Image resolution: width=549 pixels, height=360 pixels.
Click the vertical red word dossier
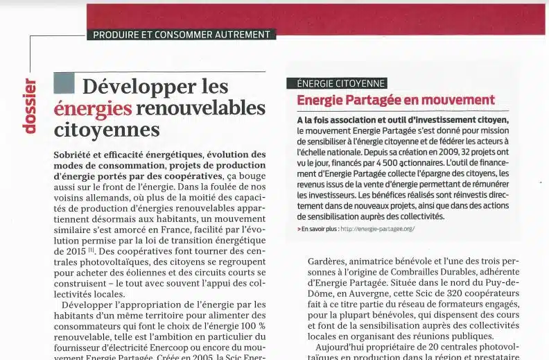(29, 105)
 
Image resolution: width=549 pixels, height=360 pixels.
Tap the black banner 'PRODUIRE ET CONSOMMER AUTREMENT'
(182, 34)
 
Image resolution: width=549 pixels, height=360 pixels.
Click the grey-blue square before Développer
(64, 83)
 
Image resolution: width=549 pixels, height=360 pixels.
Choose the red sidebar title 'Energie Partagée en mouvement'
(396, 100)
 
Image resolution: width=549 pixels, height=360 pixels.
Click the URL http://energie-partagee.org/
(377, 228)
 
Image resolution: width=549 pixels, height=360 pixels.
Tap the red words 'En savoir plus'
(319, 228)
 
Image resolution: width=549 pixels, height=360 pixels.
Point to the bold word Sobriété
(75, 154)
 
